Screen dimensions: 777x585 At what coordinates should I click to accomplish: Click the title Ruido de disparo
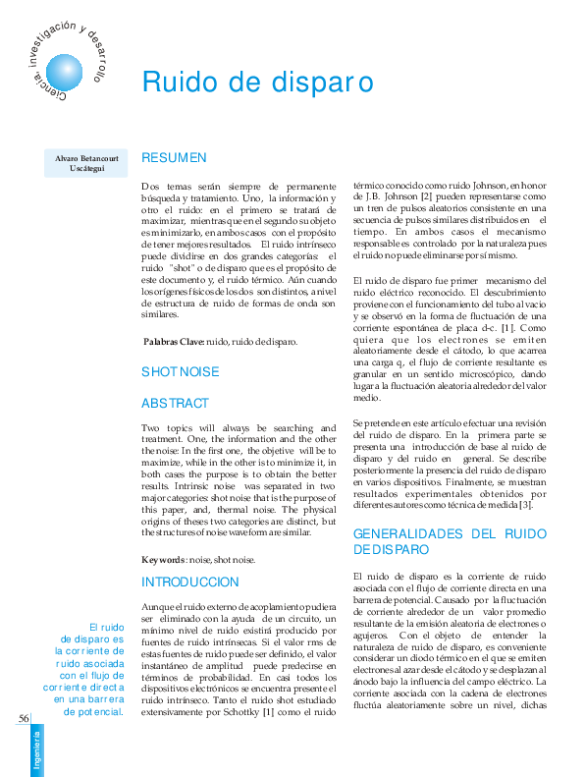tap(258, 83)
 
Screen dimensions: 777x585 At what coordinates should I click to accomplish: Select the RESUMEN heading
tap(174, 157)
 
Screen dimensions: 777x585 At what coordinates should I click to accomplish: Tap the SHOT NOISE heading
tap(181, 371)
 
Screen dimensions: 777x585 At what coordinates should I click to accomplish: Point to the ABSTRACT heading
tap(175, 403)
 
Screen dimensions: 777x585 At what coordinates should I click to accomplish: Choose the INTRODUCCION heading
tap(190, 582)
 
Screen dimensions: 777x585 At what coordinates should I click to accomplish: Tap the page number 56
tap(24, 718)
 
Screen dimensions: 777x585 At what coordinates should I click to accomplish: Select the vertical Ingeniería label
tap(36, 751)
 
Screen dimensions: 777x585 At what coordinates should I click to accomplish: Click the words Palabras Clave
tap(172, 342)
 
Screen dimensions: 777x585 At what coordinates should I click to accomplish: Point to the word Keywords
tap(163, 560)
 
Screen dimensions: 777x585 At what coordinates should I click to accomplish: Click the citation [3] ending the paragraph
tap(525, 505)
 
